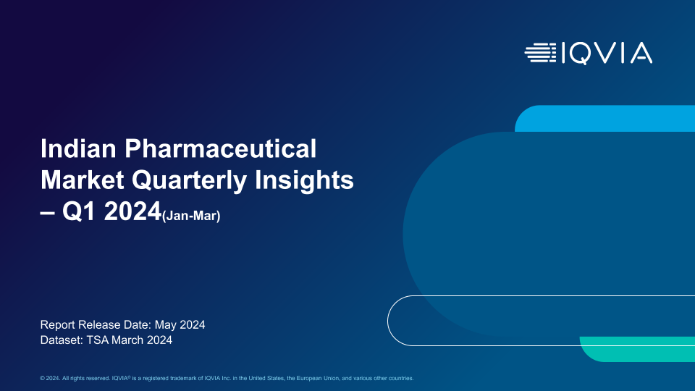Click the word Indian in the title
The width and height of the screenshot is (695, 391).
tap(78, 148)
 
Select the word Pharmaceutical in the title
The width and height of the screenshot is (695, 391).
tap(220, 148)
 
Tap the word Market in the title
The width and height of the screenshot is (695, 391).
tap(82, 180)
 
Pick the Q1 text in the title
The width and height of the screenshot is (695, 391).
tap(79, 211)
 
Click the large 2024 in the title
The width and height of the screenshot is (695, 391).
tap(132, 211)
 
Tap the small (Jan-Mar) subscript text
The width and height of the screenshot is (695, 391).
tap(191, 216)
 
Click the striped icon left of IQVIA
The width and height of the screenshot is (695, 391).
tap(540, 53)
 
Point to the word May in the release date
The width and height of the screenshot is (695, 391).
tap(165, 324)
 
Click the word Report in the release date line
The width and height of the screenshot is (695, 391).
tap(58, 324)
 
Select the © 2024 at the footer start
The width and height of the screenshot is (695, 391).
tap(50, 378)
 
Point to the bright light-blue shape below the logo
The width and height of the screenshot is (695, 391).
tap(605, 118)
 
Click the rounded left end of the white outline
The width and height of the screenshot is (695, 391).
tap(388, 321)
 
